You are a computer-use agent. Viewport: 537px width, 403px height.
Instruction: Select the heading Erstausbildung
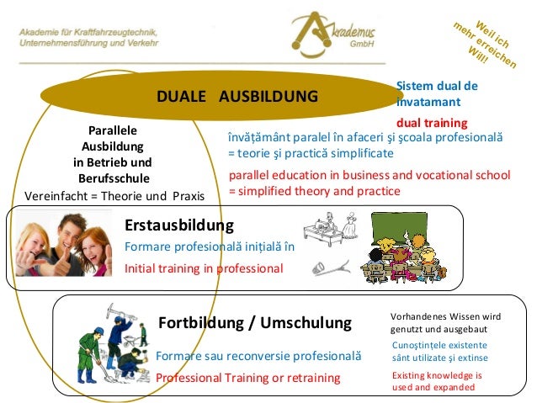click(x=178, y=226)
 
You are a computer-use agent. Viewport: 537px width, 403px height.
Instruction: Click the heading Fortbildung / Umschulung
click(x=254, y=324)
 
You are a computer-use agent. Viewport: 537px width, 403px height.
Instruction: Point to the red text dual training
click(x=432, y=122)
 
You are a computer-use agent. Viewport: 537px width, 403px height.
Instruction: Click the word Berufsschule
click(x=114, y=178)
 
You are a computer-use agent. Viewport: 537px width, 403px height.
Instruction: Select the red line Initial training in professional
click(x=204, y=269)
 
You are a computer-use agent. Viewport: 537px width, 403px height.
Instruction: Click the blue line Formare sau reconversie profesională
click(x=258, y=356)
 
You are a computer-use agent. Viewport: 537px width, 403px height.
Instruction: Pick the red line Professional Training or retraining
click(x=247, y=378)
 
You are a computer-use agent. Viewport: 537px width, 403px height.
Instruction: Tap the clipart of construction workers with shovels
click(x=111, y=344)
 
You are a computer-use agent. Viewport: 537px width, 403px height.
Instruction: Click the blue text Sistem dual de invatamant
click(x=436, y=93)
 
